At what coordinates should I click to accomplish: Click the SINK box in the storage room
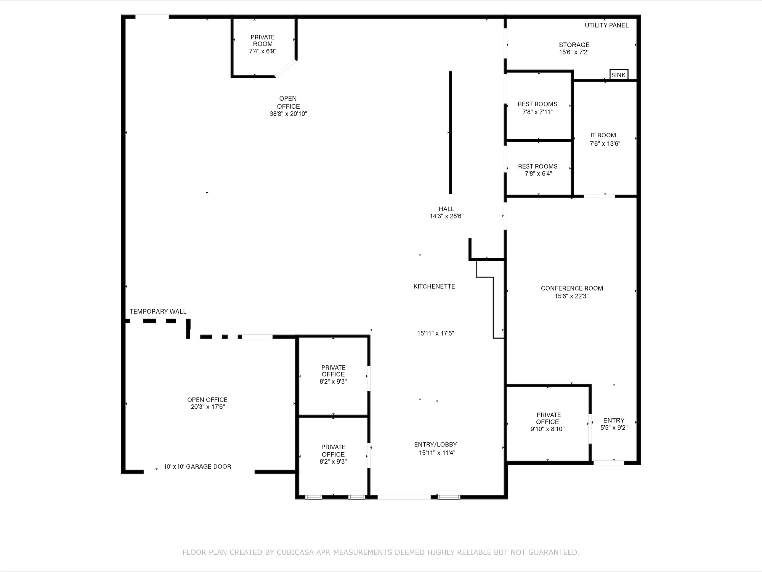pyautogui.click(x=619, y=75)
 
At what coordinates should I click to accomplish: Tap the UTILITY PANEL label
pyautogui.click(x=606, y=25)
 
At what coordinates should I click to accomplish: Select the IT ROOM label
pyautogui.click(x=603, y=135)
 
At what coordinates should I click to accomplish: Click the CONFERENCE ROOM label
pyautogui.click(x=572, y=288)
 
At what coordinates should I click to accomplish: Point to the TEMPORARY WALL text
pyautogui.click(x=158, y=312)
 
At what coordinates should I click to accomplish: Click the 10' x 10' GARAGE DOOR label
pyautogui.click(x=197, y=466)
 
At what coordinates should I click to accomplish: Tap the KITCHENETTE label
pyautogui.click(x=434, y=286)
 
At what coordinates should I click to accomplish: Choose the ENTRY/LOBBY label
pyautogui.click(x=435, y=445)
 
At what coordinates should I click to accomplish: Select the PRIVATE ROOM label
pyautogui.click(x=263, y=40)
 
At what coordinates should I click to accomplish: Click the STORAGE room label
pyautogui.click(x=574, y=45)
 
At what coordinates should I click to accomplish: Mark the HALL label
pyautogui.click(x=446, y=209)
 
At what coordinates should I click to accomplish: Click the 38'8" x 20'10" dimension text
pyautogui.click(x=288, y=114)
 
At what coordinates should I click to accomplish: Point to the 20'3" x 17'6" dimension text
pyautogui.click(x=208, y=407)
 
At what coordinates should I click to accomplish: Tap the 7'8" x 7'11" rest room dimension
pyautogui.click(x=537, y=112)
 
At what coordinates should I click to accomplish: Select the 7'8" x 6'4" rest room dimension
pyautogui.click(x=538, y=174)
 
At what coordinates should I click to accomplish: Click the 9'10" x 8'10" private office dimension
pyautogui.click(x=547, y=429)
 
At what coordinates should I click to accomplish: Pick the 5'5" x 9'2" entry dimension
pyautogui.click(x=614, y=428)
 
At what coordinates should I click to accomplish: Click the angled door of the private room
pyautogui.click(x=286, y=68)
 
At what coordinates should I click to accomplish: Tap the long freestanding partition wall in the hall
pyautogui.click(x=450, y=132)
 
